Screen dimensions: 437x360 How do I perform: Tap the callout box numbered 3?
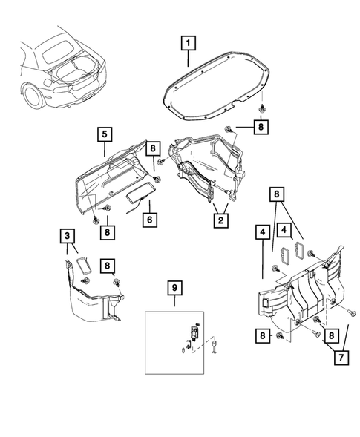click(68, 237)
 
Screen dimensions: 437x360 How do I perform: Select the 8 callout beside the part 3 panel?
click(108, 265)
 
